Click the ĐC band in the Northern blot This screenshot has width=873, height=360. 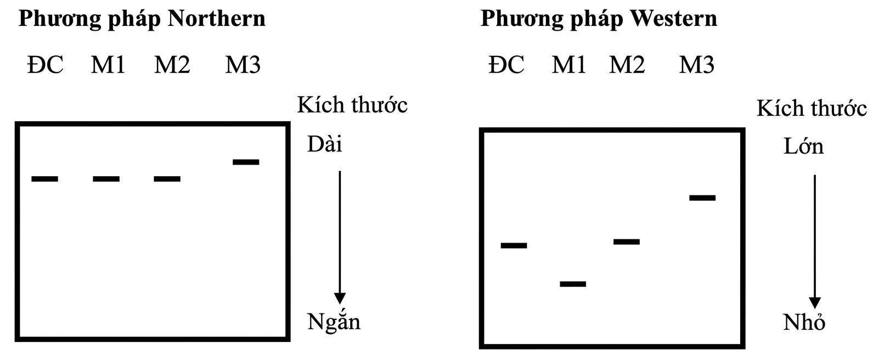[44, 179]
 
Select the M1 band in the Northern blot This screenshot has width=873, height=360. [106, 179]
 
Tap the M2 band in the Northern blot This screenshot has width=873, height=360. [167, 179]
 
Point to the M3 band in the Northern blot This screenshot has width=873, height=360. [246, 162]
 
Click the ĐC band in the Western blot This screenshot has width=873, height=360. [514, 245]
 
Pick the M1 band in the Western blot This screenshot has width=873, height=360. [573, 284]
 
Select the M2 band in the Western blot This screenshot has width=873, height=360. [626, 241]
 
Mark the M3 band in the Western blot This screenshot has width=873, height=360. [702, 198]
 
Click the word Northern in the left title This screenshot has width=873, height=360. [217, 19]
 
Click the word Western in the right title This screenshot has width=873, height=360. [674, 19]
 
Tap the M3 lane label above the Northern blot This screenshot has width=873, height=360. [243, 65]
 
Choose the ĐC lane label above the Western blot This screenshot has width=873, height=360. [506, 65]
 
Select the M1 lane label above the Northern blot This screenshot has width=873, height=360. [108, 65]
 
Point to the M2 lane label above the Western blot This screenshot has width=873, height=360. [627, 65]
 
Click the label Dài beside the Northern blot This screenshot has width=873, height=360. [324, 144]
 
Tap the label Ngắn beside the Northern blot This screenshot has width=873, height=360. [334, 321]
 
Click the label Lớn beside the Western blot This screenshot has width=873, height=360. [803, 147]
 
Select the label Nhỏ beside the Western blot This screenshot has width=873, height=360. [804, 323]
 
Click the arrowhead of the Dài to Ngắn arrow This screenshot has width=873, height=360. [340, 298]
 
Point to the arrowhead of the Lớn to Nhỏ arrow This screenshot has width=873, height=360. [815, 302]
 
